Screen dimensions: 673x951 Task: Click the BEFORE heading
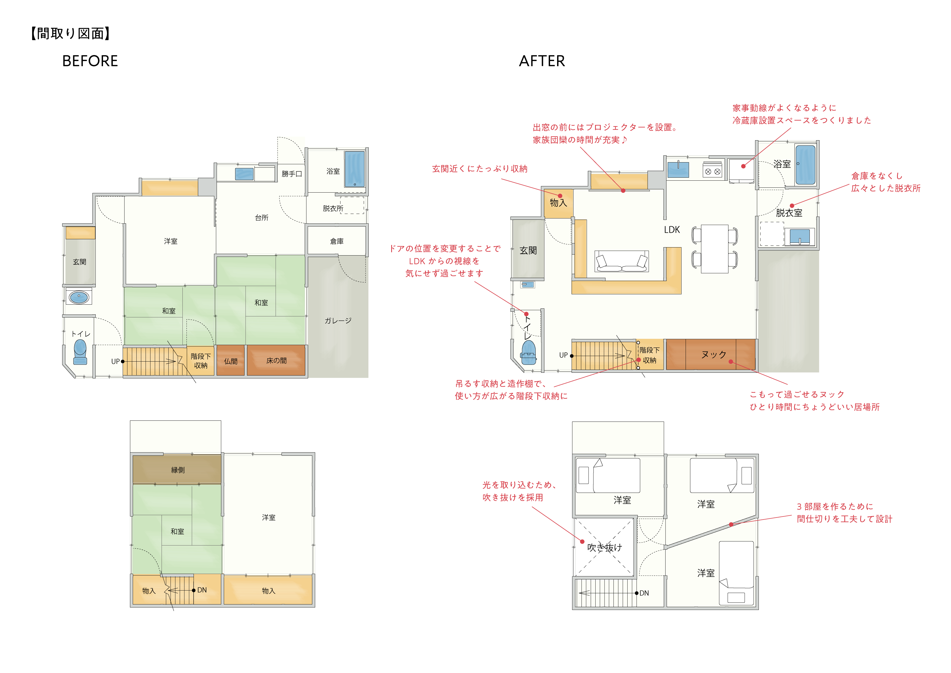(90, 61)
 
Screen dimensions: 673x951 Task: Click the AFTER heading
(541, 61)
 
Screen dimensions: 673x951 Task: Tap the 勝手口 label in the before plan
(292, 174)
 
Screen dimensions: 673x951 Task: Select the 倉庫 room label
(336, 241)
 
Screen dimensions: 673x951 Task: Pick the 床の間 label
(276, 361)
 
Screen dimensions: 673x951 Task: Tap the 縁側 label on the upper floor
(178, 470)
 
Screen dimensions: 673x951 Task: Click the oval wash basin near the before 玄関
(79, 297)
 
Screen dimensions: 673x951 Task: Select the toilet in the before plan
(80, 351)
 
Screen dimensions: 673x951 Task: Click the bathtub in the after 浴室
(805, 165)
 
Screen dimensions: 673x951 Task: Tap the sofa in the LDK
(621, 261)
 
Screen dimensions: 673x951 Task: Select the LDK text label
(672, 229)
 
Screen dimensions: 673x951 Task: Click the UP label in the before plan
(115, 361)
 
